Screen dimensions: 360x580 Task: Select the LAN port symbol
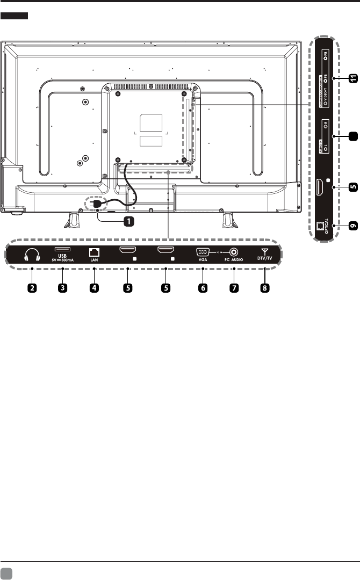[x=94, y=251]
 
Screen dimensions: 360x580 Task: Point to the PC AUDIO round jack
[x=234, y=251]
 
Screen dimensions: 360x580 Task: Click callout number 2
[x=32, y=287]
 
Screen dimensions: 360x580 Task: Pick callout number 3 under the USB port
[x=63, y=287]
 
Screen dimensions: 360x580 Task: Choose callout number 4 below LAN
[x=94, y=287]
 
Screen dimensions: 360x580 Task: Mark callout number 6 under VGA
[x=203, y=287]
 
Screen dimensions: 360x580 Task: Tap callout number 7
[x=234, y=287]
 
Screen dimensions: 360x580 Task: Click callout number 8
[x=265, y=287]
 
